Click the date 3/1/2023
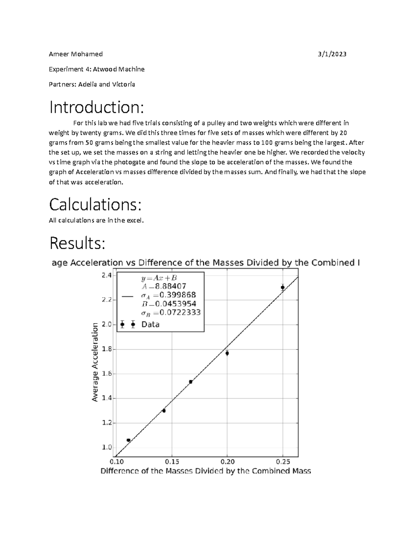point(332,54)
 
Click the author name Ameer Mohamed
point(76,54)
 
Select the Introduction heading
point(96,107)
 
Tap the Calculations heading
point(95,205)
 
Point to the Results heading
point(77,243)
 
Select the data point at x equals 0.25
point(283,288)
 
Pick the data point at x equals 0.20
point(227,353)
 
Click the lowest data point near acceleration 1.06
point(129,440)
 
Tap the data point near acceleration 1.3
point(164,411)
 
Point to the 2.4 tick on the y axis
point(106,275)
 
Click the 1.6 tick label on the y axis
point(106,374)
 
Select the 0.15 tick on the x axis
point(172,462)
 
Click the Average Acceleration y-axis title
point(95,362)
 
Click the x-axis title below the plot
point(206,471)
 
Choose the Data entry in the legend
point(150,325)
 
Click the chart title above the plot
point(206,263)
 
